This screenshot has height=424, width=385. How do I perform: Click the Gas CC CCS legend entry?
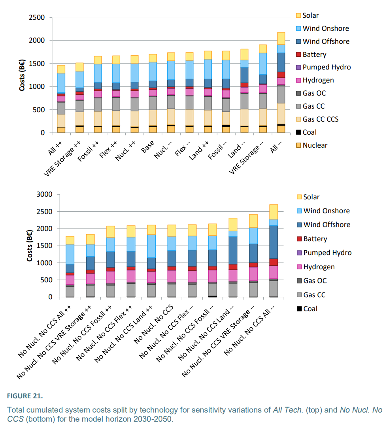(320, 119)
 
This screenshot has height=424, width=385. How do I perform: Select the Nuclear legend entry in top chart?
(315, 145)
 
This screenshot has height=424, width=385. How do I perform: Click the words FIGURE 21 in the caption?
(25, 395)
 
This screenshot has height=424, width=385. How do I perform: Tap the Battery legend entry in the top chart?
(314, 54)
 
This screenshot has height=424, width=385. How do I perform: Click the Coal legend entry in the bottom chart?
(310, 309)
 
